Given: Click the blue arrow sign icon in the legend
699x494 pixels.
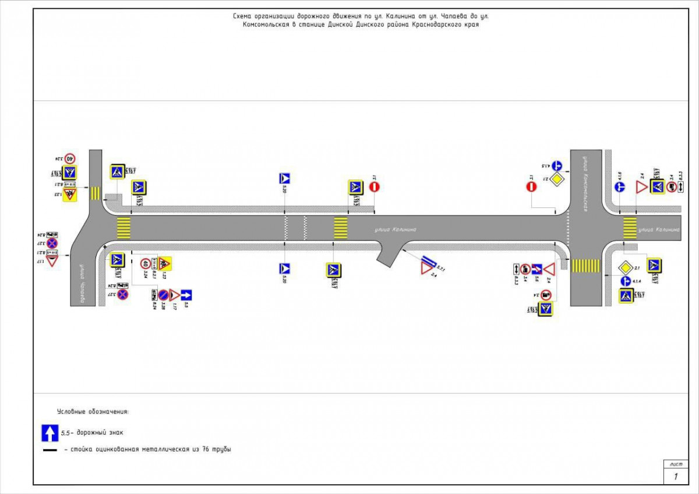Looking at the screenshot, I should [x=50, y=433].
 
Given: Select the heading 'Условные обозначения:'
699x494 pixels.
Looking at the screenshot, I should [x=93, y=412].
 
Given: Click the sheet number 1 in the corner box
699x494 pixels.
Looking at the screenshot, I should [x=676, y=477].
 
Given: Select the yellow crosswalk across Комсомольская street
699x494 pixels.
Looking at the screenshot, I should [x=585, y=266].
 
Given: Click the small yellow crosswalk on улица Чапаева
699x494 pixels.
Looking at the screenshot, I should [x=94, y=192].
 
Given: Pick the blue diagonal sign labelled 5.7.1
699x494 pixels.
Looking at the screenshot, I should [x=431, y=260].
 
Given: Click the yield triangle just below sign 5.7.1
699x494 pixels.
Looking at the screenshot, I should [x=428, y=269].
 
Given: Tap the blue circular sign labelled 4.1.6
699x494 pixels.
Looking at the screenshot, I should [x=620, y=187].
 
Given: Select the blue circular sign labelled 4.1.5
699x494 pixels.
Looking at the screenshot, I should [x=556, y=165].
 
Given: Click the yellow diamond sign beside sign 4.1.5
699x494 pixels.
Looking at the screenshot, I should [x=557, y=178].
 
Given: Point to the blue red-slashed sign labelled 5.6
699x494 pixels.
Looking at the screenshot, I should [x=536, y=269].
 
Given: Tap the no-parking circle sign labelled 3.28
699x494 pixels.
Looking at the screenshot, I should [x=164, y=295].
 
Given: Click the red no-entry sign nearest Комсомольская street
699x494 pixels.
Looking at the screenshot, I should [x=531, y=186].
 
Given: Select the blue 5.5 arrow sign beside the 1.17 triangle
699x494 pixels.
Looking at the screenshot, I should [x=186, y=295].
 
